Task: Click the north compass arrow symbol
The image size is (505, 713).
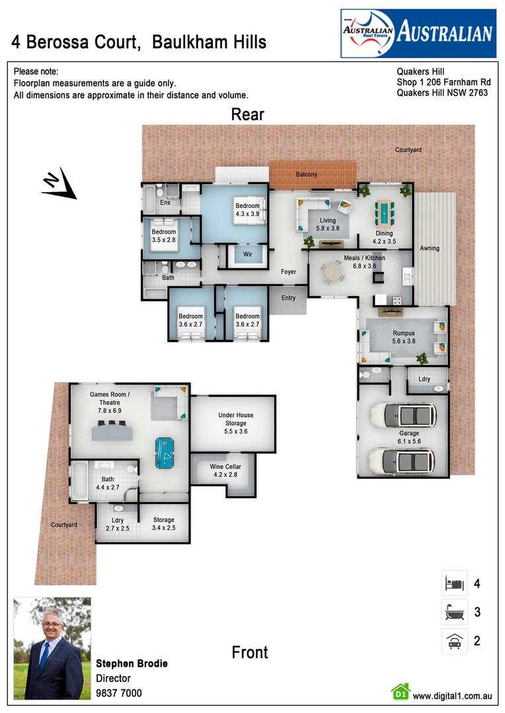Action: click(x=59, y=184)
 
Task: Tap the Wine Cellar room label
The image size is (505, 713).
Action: click(x=225, y=470)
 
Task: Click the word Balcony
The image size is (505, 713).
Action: click(x=306, y=174)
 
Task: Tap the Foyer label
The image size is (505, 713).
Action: click(x=288, y=271)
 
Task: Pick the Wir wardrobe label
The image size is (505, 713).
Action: click(x=247, y=254)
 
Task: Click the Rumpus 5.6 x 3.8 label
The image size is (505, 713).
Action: click(x=403, y=337)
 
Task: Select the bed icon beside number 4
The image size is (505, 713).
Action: click(x=454, y=583)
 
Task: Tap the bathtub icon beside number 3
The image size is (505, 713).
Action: click(x=454, y=613)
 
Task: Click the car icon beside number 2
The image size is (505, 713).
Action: click(x=454, y=641)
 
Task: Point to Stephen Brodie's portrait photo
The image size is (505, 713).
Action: click(x=52, y=648)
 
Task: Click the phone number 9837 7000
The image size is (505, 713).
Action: click(x=119, y=693)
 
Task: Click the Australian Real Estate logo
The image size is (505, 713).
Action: click(x=418, y=33)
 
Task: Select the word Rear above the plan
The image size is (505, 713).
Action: click(x=247, y=114)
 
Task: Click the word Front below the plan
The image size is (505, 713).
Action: click(x=250, y=652)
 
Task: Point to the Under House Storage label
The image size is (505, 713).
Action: click(x=236, y=423)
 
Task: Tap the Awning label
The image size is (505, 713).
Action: click(x=429, y=248)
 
